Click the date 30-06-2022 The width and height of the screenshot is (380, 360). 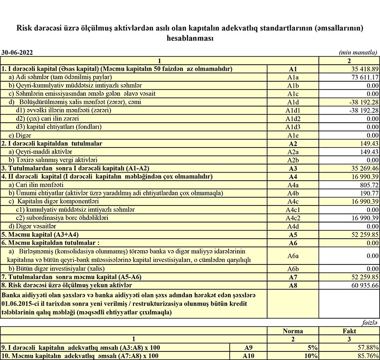18,53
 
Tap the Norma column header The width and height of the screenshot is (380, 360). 293,331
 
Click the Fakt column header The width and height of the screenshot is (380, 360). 349,331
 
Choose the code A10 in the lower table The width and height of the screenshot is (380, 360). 248,356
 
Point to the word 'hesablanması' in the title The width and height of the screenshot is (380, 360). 190,39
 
